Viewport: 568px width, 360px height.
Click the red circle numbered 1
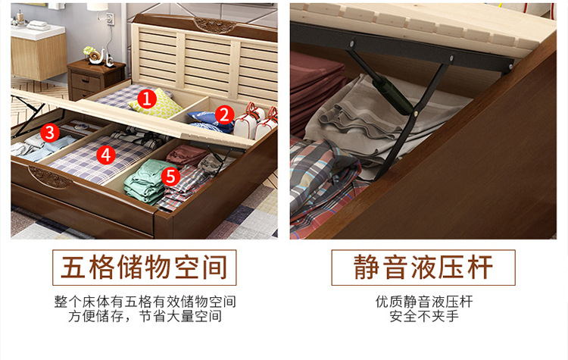click(147, 99)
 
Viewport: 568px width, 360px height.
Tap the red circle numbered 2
click(224, 114)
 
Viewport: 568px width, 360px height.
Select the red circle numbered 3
click(50, 133)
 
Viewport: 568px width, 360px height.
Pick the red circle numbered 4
click(106, 155)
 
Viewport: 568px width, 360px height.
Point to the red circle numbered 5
click(170, 176)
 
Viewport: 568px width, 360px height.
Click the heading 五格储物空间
click(144, 268)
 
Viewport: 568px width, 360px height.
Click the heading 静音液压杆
click(423, 268)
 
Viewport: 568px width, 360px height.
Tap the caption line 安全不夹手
click(424, 316)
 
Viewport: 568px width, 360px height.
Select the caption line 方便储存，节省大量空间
click(145, 316)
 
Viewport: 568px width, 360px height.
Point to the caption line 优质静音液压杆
click(424, 302)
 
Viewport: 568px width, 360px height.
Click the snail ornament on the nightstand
click(95, 55)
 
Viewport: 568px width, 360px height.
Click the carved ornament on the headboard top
click(215, 25)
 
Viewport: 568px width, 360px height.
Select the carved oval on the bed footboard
click(50, 177)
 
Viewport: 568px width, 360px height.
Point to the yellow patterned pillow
click(156, 104)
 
